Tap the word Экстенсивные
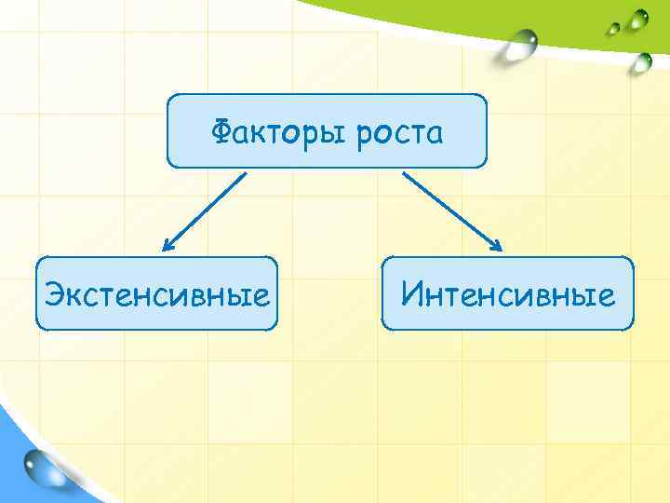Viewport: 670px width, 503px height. click(157, 296)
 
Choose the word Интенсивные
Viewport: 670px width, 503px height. click(508, 295)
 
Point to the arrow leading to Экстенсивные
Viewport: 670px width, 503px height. click(205, 211)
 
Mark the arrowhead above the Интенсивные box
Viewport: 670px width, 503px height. click(497, 247)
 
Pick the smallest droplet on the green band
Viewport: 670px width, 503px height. click(614, 27)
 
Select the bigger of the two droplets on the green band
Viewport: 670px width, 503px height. click(637, 19)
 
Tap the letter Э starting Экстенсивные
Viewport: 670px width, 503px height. click(54, 296)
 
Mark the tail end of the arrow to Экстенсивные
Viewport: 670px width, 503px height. click(246, 173)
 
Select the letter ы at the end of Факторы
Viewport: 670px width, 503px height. click(336, 136)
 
